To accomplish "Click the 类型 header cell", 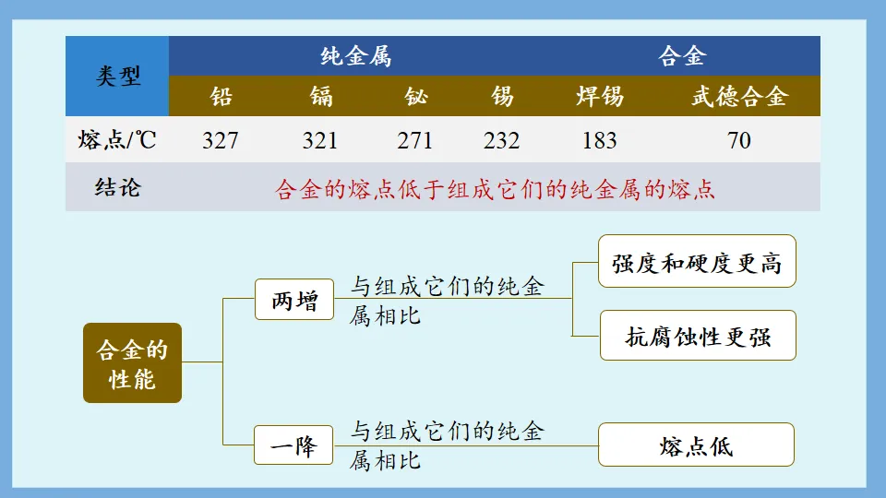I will click(x=118, y=77).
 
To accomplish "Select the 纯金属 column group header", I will click(x=355, y=56).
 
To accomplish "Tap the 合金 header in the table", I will click(x=682, y=56).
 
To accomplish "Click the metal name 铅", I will click(x=221, y=96).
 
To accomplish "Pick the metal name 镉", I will click(x=320, y=96).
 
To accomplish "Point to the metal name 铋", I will click(x=415, y=96).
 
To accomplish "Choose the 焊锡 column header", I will click(x=600, y=96).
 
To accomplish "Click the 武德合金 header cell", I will click(x=739, y=96).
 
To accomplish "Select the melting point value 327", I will click(x=221, y=141).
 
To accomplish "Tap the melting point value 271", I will click(x=415, y=141).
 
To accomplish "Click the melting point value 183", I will click(x=600, y=141).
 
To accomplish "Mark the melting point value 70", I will click(x=739, y=141).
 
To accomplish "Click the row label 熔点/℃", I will click(x=118, y=141).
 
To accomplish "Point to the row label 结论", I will click(x=118, y=188).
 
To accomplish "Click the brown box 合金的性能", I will click(x=132, y=363).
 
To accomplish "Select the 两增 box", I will click(x=294, y=301).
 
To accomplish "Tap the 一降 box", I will click(x=294, y=445).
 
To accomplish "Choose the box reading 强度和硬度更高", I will click(x=697, y=262).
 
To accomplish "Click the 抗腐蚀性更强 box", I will click(x=697, y=337).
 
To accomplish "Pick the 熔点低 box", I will click(x=697, y=445).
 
